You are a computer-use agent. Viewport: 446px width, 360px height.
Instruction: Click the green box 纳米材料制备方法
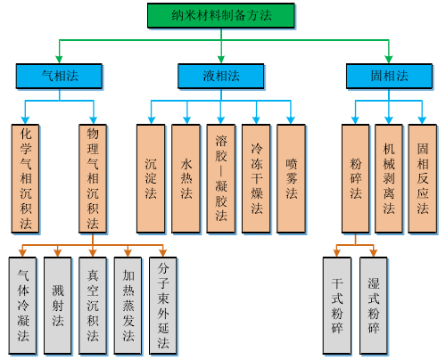pyautogui.click(x=221, y=15)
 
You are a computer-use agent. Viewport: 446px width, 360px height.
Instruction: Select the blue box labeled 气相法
pyautogui.click(x=59, y=76)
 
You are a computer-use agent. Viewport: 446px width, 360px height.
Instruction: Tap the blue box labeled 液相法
pyautogui.click(x=221, y=76)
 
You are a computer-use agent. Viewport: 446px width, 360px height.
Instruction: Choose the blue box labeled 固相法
pyautogui.click(x=389, y=76)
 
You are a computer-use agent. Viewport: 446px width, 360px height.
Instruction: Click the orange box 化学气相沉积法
pyautogui.click(x=25, y=178)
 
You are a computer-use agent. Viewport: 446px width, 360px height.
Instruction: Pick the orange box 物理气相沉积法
pyautogui.click(x=93, y=178)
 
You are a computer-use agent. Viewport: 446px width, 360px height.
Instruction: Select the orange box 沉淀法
pyautogui.click(x=151, y=178)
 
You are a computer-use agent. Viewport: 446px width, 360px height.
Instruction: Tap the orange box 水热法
pyautogui.click(x=186, y=178)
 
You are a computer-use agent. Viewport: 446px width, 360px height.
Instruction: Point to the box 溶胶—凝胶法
pyautogui.click(x=221, y=178)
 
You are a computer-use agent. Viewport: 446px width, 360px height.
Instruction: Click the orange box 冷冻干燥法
pyautogui.click(x=256, y=178)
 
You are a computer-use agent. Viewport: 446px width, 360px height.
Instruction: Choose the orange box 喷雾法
pyautogui.click(x=291, y=178)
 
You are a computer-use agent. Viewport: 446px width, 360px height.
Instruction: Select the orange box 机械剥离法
pyautogui.click(x=389, y=178)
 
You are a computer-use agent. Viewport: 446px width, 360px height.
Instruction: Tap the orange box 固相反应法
pyautogui.click(x=423, y=178)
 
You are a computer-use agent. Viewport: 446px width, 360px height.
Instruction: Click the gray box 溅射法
pyautogui.click(x=58, y=306)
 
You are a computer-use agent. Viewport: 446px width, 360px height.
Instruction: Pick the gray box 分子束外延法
pyautogui.click(x=163, y=306)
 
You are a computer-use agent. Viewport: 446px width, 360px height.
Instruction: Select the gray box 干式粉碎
pyautogui.click(x=337, y=306)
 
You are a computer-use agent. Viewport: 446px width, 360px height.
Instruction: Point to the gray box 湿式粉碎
pyautogui.click(x=374, y=306)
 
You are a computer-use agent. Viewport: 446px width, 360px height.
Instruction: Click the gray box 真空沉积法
pyautogui.click(x=93, y=306)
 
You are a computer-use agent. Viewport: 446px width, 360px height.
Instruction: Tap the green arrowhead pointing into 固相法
pyautogui.click(x=389, y=59)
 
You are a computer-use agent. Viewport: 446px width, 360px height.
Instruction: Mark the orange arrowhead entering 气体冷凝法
pyautogui.click(x=22, y=253)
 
